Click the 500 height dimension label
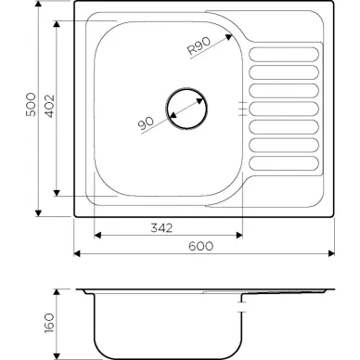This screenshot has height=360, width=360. pos(31,104)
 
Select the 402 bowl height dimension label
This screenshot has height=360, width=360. pos(50,106)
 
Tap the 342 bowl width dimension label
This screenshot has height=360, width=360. pos(161,228)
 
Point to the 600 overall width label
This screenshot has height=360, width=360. pos(201,246)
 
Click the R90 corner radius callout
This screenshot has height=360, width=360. pos(199,46)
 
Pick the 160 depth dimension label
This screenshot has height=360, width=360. pos(49,323)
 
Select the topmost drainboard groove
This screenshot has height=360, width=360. pos(284,54)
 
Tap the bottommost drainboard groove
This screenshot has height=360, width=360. pos(284,163)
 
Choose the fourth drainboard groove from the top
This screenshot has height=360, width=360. pos(284,109)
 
